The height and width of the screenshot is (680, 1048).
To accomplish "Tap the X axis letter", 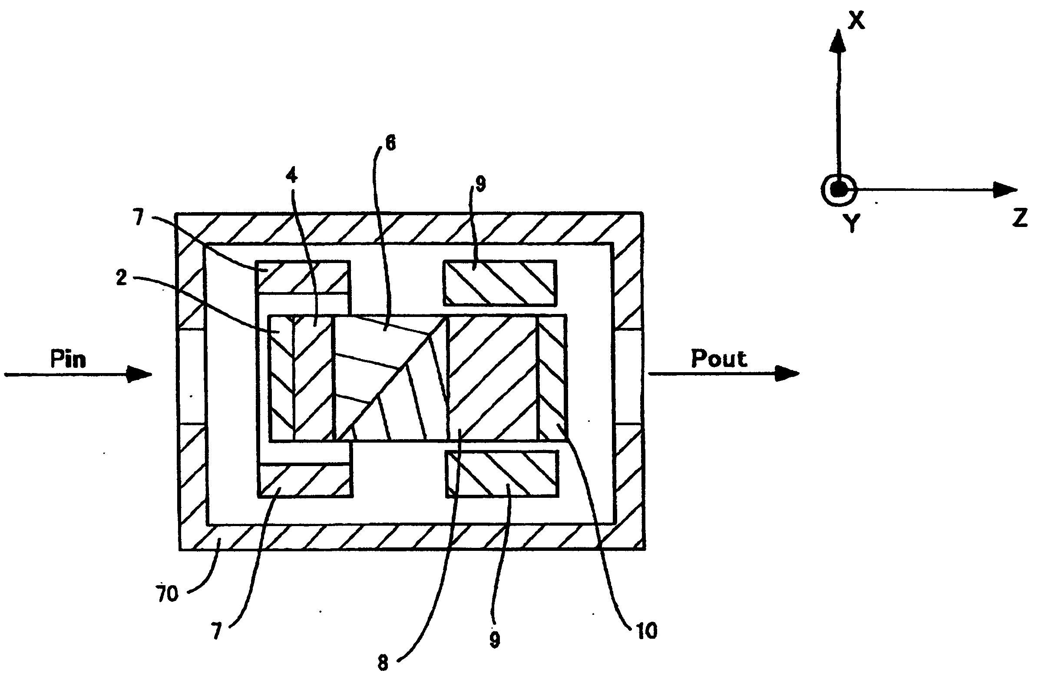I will point(856,20).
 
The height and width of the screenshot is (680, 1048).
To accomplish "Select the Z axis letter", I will point(1020,218).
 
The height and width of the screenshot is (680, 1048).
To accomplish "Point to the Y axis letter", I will point(853,223).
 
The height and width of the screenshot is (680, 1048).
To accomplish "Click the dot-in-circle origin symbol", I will point(838,190).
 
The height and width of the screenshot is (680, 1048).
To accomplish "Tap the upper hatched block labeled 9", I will point(500,283).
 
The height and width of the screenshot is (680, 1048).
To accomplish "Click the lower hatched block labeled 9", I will point(502,474).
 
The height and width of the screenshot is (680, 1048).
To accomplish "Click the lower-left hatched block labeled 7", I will point(306,481).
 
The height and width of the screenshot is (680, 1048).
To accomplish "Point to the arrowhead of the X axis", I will point(838,42).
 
